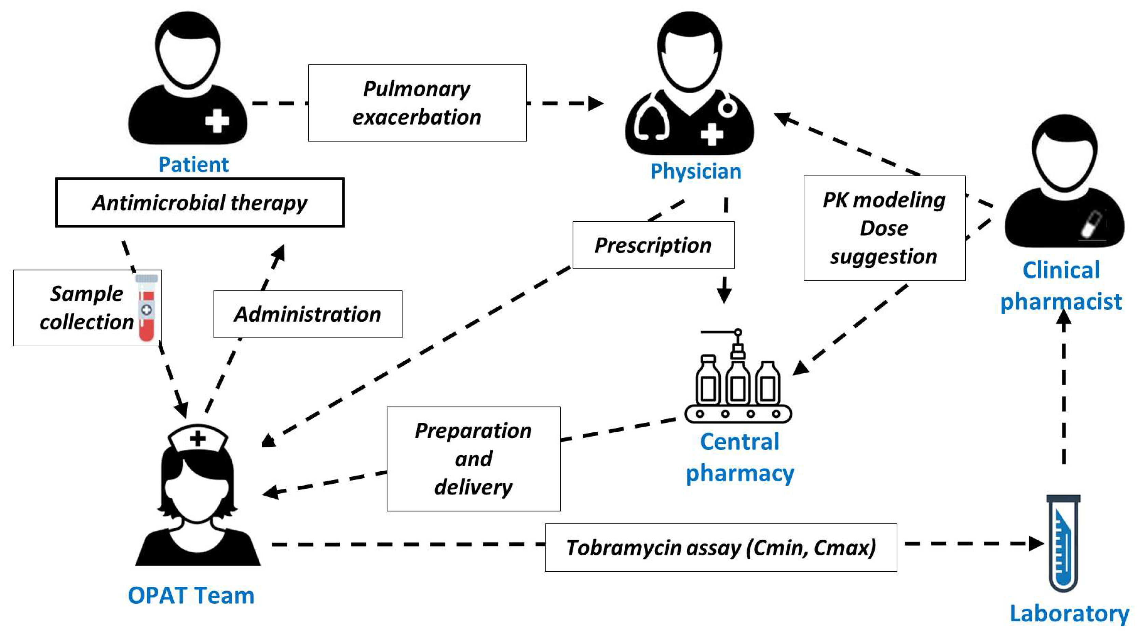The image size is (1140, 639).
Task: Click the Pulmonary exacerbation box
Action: click(x=417, y=103)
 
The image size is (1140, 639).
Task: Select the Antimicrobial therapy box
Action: click(x=200, y=203)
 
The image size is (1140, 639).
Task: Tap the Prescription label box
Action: click(x=653, y=245)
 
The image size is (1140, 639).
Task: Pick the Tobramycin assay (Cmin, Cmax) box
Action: click(x=720, y=547)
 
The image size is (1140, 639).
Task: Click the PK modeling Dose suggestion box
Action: click(x=884, y=228)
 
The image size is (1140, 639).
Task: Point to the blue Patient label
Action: click(x=193, y=165)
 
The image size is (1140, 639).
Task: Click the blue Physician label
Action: click(x=695, y=171)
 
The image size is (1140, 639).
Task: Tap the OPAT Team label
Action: click(x=191, y=595)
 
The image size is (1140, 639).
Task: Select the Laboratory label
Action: click(x=1069, y=614)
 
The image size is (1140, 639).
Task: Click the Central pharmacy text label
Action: click(x=739, y=457)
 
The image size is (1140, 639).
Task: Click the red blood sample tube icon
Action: click(x=147, y=308)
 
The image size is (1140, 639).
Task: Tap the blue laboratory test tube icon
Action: click(x=1063, y=544)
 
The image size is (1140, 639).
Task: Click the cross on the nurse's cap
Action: click(x=198, y=439)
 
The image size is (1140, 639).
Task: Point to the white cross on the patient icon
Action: click(x=217, y=120)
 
